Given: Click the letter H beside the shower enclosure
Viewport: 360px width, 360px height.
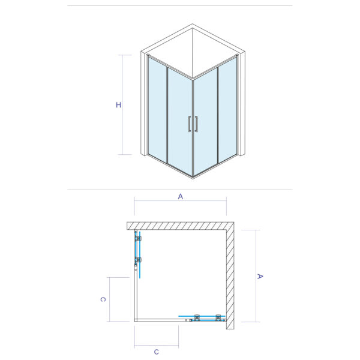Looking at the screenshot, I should coord(119,105).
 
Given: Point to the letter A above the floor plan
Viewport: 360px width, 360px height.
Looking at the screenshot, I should coord(180,196).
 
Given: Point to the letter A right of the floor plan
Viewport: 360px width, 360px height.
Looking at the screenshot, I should coord(260,277).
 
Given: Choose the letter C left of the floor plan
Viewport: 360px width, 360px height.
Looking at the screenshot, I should coord(103,299).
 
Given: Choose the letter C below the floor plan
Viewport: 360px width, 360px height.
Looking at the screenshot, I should coord(156,352).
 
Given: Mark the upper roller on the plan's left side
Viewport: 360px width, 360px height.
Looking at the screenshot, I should coord(139,239).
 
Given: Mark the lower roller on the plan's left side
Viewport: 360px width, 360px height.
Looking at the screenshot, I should coord(139,260).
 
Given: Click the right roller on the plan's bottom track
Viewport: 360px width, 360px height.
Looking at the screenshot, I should coord(218,317).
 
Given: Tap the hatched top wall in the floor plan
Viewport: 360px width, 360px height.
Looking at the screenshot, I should coord(180,226).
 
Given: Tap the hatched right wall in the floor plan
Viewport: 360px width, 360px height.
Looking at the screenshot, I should coord(230,276).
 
